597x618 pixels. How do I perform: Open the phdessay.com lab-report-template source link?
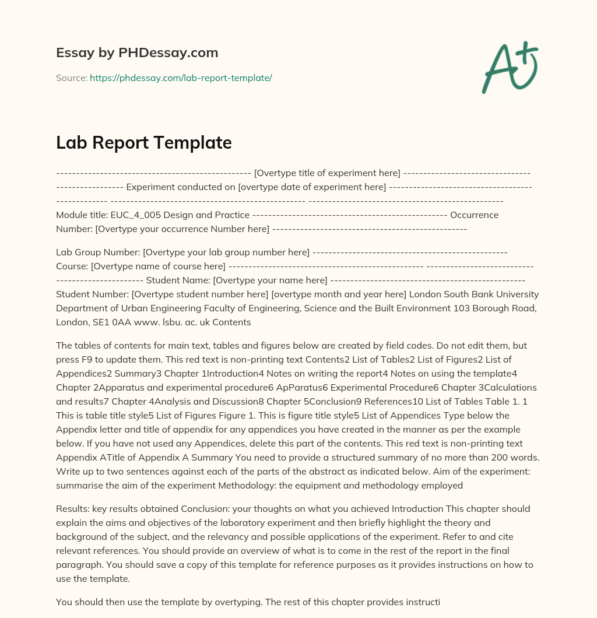[181, 78]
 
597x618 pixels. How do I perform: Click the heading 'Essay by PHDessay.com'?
[137, 53]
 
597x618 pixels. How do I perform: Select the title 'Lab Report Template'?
[144, 142]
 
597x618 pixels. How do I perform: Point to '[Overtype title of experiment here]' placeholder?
[327, 173]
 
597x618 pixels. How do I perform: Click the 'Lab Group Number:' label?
[98, 252]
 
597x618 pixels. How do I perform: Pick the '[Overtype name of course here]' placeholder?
[158, 266]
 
